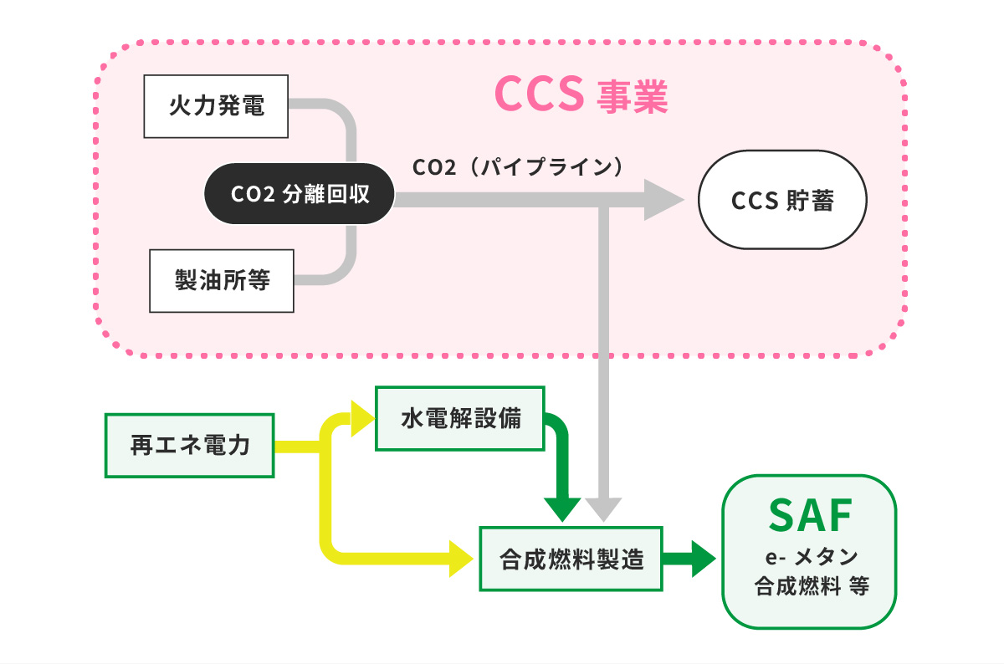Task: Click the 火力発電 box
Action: [217, 106]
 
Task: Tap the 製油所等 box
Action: [222, 281]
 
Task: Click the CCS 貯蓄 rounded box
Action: [782, 200]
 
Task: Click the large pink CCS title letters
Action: [538, 94]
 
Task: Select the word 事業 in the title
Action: [632, 97]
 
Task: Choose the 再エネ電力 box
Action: [190, 446]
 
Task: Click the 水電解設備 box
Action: [460, 418]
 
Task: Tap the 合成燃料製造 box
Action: [571, 559]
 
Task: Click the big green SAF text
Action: [809, 517]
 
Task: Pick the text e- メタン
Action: [809, 558]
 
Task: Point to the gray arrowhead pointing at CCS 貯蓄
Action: [663, 200]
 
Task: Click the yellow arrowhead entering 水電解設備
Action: [362, 418]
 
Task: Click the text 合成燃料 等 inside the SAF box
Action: [811, 585]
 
